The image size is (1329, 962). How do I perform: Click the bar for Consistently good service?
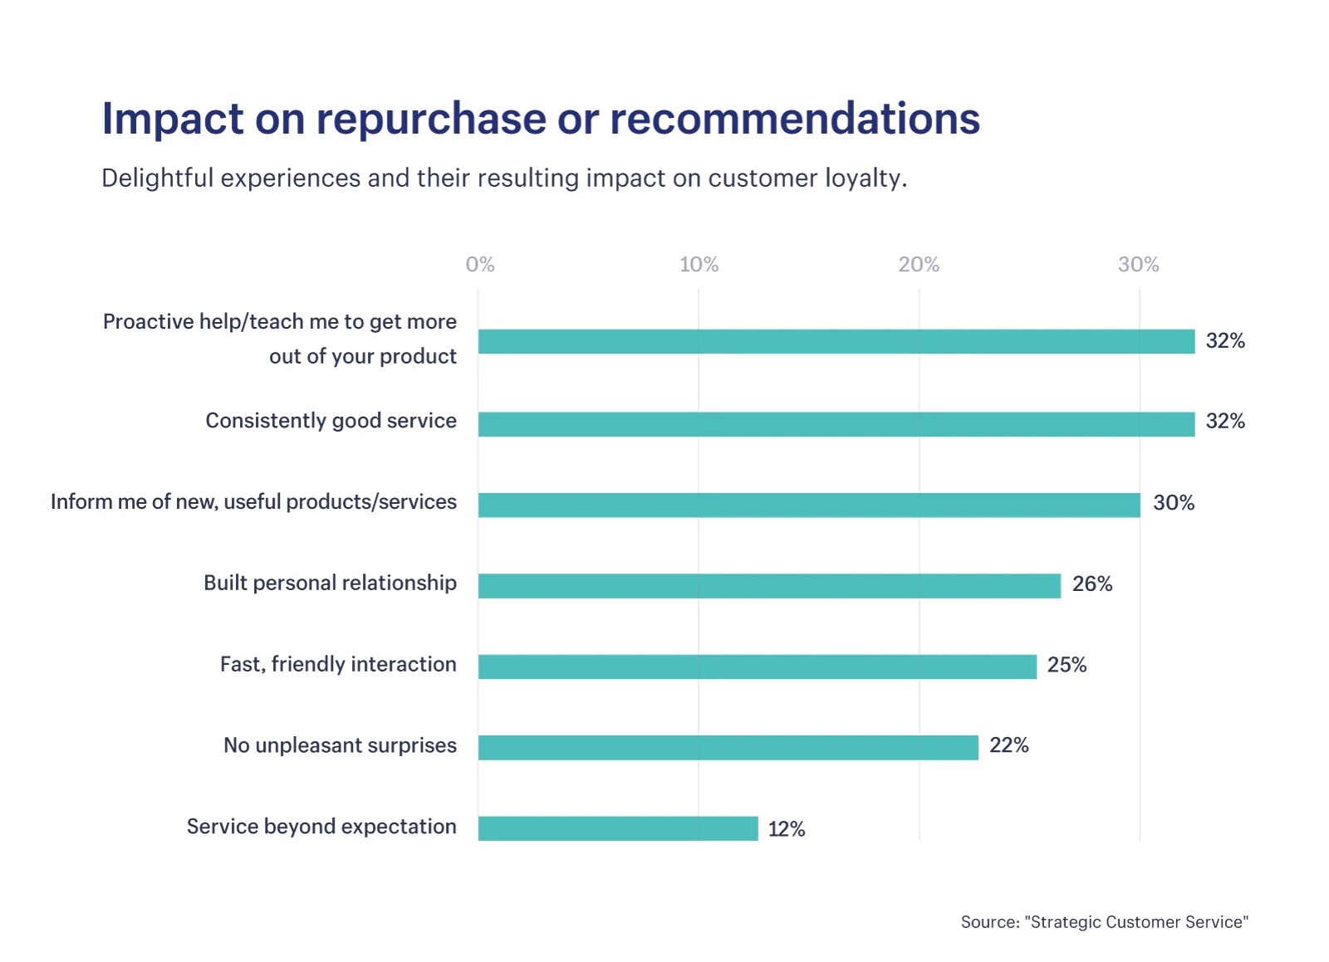pyautogui.click(x=836, y=424)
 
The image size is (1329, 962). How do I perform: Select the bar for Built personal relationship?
pyautogui.click(x=769, y=586)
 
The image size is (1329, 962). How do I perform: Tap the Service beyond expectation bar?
pyautogui.click(x=618, y=828)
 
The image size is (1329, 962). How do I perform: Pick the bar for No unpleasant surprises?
pyautogui.click(x=728, y=748)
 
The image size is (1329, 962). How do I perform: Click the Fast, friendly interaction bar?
pyautogui.click(x=757, y=667)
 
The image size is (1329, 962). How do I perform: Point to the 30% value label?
pyautogui.click(x=1174, y=503)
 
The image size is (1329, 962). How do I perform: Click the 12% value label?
pyautogui.click(x=787, y=829)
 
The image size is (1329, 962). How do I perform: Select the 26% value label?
pyautogui.click(x=1092, y=584)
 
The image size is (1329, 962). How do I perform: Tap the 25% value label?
pyautogui.click(x=1067, y=665)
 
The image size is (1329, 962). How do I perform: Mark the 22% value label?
pyautogui.click(x=1008, y=745)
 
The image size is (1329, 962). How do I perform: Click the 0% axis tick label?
pyautogui.click(x=480, y=265)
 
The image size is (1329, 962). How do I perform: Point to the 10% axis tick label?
pyautogui.click(x=699, y=265)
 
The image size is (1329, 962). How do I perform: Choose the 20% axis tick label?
pyautogui.click(x=919, y=265)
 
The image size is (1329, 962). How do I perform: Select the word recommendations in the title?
pyautogui.click(x=795, y=119)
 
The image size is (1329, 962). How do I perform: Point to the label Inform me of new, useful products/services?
pyautogui.click(x=253, y=502)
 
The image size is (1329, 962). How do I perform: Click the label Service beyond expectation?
pyautogui.click(x=321, y=827)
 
